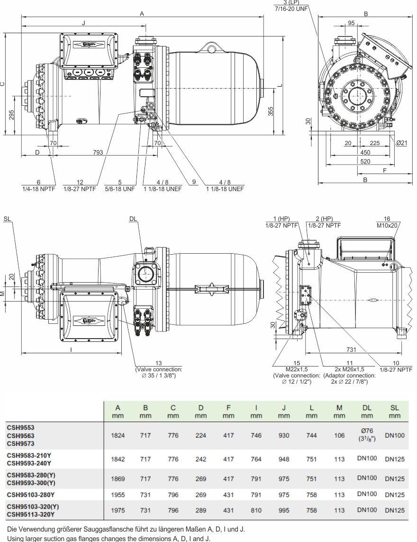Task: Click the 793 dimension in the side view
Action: click(98, 152)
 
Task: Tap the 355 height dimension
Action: click(271, 111)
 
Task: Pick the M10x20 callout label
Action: click(387, 225)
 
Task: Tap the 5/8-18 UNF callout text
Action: click(120, 189)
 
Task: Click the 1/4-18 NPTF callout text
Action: click(39, 189)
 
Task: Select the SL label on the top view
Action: click(7, 219)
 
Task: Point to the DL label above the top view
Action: click(133, 219)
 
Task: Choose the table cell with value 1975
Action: click(118, 510)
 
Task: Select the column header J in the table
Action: click(284, 407)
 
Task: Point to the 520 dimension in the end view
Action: click(365, 162)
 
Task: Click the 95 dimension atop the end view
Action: click(351, 23)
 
